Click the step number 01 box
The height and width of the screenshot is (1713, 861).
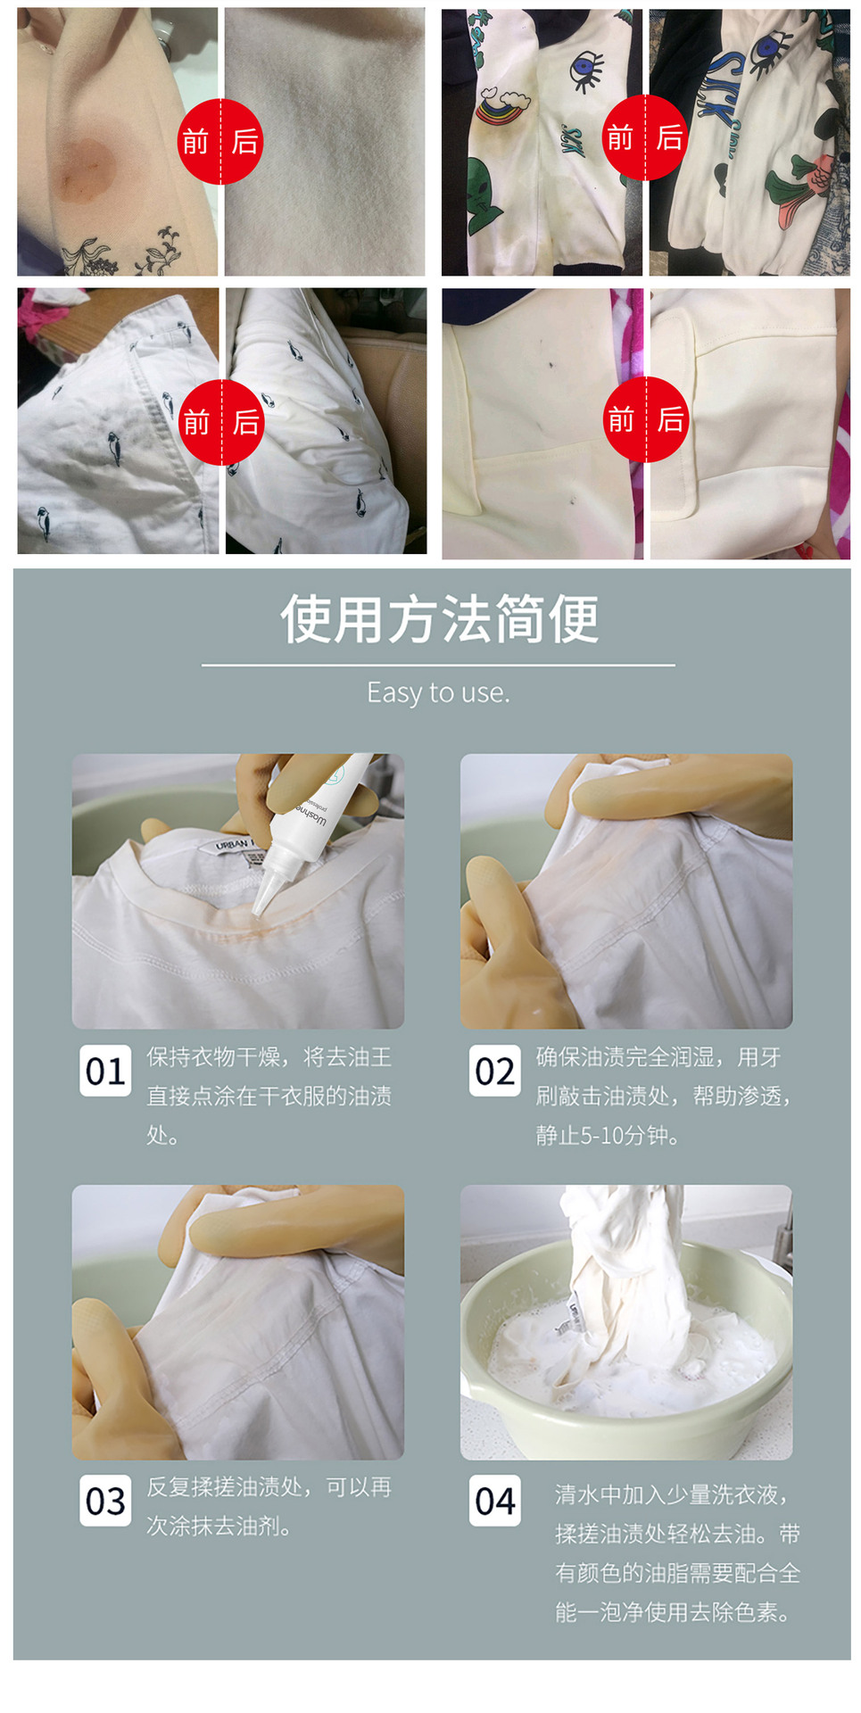105,1071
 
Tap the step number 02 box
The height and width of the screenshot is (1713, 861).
495,1071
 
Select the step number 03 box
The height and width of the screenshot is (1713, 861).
105,1501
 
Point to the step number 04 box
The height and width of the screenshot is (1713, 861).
495,1501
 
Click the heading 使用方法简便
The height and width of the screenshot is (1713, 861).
439,618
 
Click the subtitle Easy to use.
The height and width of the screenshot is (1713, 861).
439,692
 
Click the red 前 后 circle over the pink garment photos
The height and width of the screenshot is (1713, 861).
220,142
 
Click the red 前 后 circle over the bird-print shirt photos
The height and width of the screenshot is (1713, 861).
221,422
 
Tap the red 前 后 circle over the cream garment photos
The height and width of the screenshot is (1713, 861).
646,419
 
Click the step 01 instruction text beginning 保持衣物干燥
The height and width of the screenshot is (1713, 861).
269,1096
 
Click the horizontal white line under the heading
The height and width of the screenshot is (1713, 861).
438,665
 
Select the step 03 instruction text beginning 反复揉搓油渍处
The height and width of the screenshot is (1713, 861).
269,1506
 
